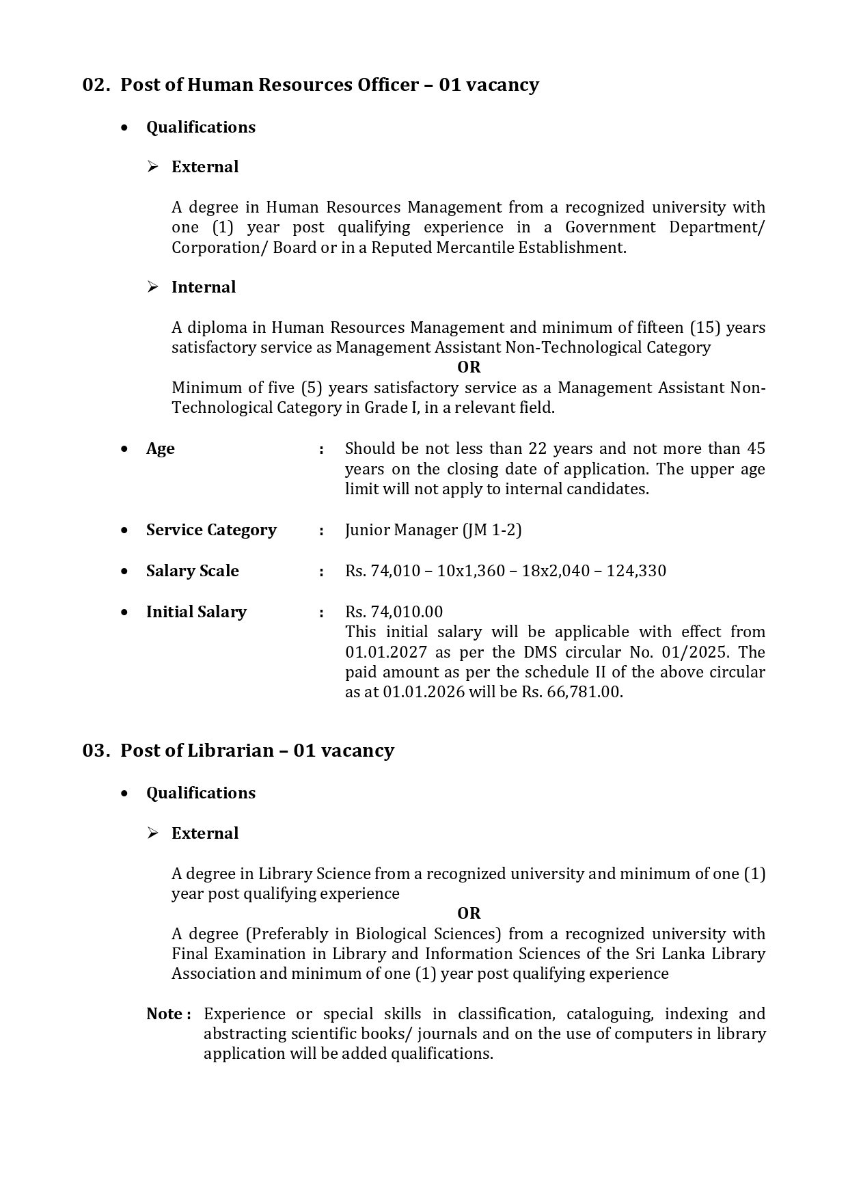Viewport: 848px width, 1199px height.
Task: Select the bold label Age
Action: tap(160, 449)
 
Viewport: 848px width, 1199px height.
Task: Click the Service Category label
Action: tap(211, 530)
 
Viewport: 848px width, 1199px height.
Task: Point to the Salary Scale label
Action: tap(192, 571)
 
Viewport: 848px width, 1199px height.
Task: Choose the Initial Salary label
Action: tap(196, 612)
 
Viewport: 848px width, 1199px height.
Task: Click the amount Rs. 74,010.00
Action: tap(394, 612)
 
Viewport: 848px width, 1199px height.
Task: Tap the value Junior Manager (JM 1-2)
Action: tap(433, 530)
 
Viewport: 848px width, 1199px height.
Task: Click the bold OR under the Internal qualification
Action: tap(469, 368)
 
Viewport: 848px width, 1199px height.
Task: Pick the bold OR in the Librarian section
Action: tap(469, 914)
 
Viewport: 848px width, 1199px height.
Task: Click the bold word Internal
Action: tap(203, 287)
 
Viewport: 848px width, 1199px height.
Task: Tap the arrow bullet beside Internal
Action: tap(153, 287)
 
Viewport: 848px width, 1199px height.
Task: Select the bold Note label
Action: tap(165, 1014)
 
